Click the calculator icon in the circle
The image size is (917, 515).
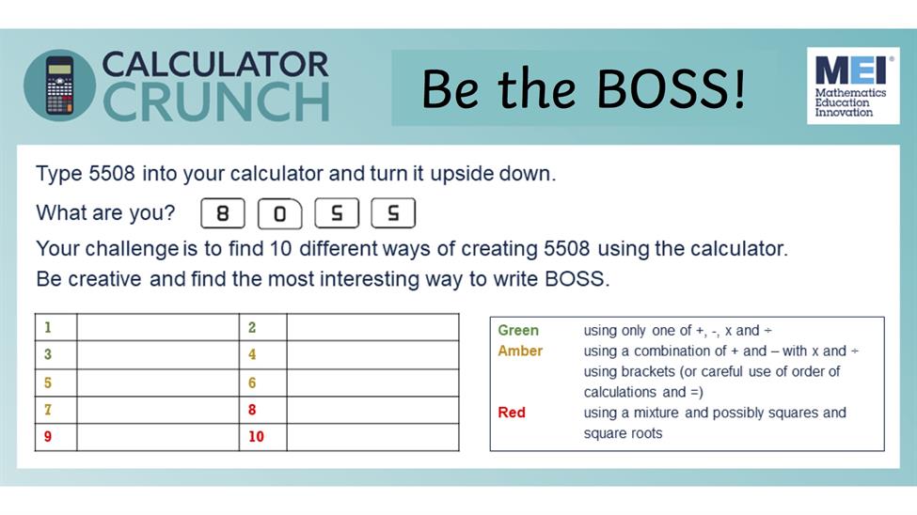(x=59, y=86)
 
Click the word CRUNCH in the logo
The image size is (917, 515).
(x=216, y=101)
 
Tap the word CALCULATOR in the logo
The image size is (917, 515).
(x=215, y=64)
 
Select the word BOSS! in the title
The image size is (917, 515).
(x=671, y=89)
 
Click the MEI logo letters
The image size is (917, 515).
(x=853, y=70)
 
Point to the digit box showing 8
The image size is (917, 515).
(x=223, y=213)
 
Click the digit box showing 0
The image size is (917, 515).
(x=279, y=213)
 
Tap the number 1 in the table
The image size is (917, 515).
(x=48, y=327)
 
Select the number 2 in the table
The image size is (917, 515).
(x=252, y=327)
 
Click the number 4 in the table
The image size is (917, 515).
(x=252, y=354)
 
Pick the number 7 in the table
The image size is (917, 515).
(x=48, y=410)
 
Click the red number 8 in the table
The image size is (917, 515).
(x=252, y=410)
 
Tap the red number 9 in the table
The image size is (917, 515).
(x=48, y=437)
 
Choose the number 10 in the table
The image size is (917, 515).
(x=256, y=437)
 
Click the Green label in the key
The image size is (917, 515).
(x=518, y=330)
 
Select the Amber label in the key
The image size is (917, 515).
(x=520, y=351)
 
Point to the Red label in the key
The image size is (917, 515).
(x=512, y=413)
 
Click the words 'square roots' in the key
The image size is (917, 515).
(x=623, y=434)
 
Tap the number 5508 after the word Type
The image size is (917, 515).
(x=112, y=174)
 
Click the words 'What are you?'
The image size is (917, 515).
(x=105, y=212)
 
